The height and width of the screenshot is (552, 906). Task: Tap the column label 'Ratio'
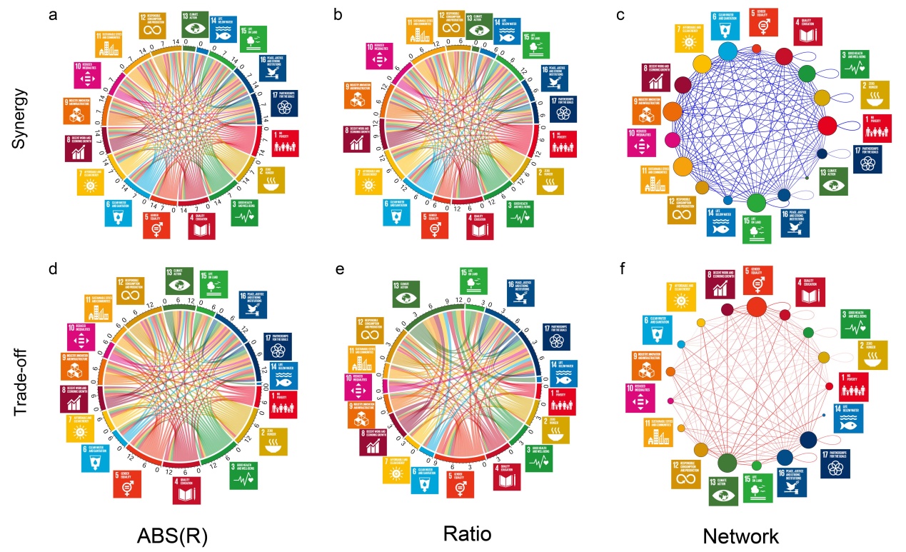tap(465, 532)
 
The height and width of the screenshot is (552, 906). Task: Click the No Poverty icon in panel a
tap(285, 143)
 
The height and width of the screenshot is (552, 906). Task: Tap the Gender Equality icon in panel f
tap(758, 279)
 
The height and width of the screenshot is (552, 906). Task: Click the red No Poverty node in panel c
tap(827, 125)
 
